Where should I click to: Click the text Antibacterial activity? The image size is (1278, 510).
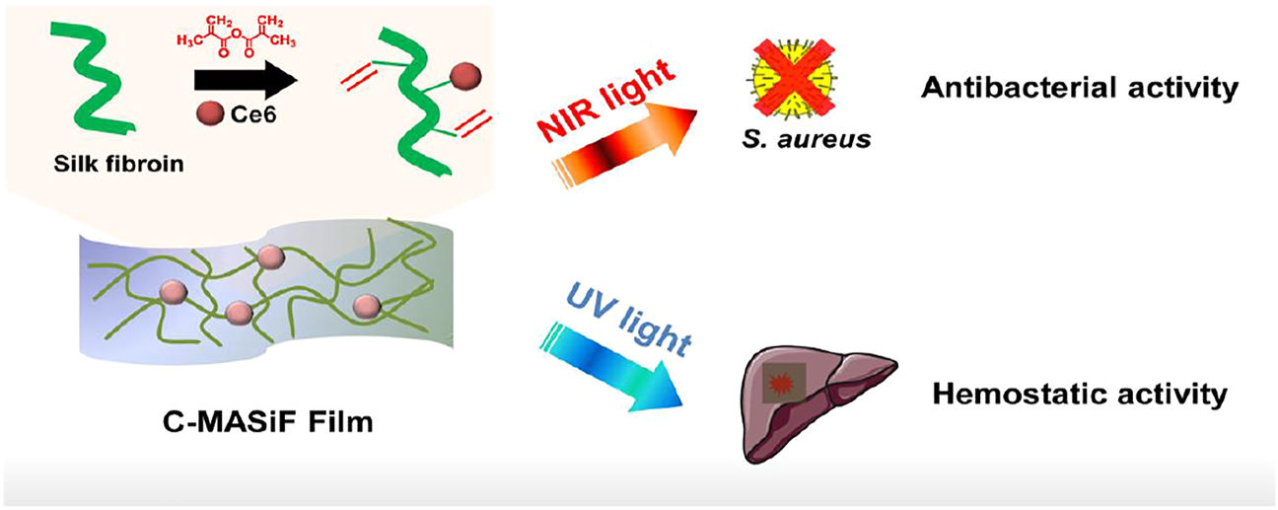point(1079,89)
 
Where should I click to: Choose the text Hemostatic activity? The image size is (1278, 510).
point(1079,395)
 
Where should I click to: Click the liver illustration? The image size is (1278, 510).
point(817,404)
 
